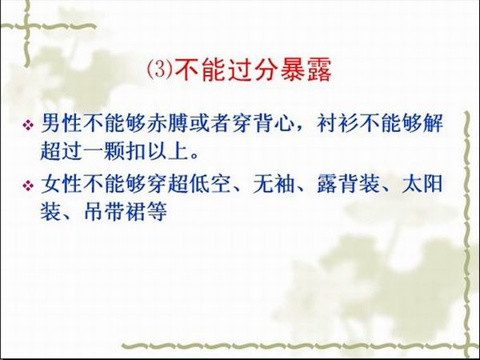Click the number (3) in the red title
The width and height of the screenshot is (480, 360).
pyautogui.click(x=160, y=70)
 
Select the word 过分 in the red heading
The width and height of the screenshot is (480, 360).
pyautogui.click(x=253, y=70)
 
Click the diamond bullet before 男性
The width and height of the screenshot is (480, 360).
pyautogui.click(x=28, y=125)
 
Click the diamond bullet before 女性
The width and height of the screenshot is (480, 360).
pyautogui.click(x=28, y=186)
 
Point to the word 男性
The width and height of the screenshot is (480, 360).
pyautogui.click(x=62, y=123)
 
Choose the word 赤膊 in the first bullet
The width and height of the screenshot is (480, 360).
pyautogui.click(x=168, y=123)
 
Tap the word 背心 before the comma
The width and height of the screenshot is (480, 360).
pyautogui.click(x=274, y=123)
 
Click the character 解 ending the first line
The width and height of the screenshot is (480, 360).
pyautogui.click(x=433, y=123)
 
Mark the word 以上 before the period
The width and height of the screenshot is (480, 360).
pyautogui.click(x=168, y=150)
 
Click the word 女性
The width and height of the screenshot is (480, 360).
pyautogui.click(x=62, y=184)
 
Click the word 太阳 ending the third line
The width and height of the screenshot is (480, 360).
pyautogui.click(x=422, y=184)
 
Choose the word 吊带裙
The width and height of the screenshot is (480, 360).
pyautogui.click(x=114, y=211)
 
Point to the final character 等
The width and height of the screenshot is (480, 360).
pyautogui.click(x=157, y=211)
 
